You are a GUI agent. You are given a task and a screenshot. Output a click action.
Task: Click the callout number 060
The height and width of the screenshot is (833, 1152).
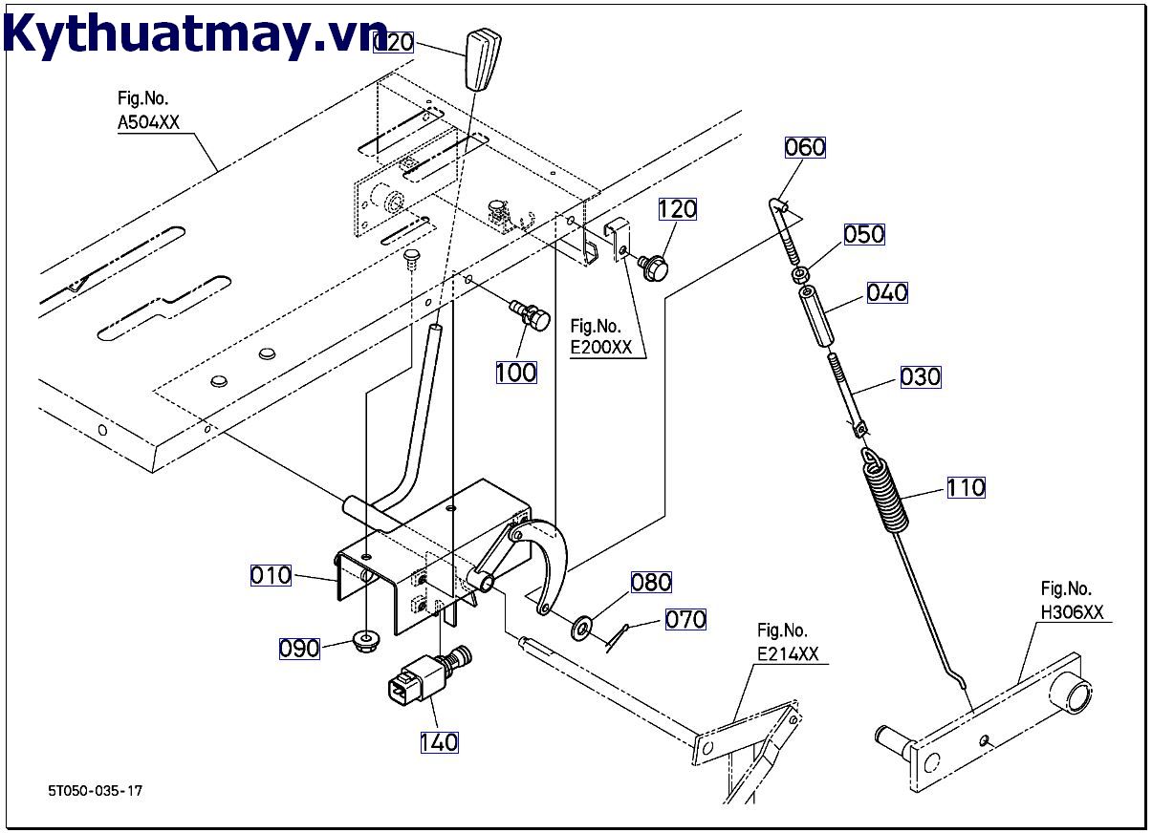(805, 147)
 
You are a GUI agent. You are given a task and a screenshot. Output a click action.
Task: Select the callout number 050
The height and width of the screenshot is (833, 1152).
(864, 234)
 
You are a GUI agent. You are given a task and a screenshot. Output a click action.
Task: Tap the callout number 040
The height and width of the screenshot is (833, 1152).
(887, 292)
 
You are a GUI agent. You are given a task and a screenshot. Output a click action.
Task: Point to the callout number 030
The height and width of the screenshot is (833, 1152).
(920, 376)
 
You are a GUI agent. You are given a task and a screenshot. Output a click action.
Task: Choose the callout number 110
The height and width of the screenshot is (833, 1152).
(966, 487)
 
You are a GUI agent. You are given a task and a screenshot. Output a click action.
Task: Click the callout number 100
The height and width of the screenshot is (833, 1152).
(516, 372)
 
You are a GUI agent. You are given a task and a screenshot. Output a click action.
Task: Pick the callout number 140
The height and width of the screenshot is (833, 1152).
(439, 741)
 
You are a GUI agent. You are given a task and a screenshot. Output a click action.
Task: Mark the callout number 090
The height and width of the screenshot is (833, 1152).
(299, 649)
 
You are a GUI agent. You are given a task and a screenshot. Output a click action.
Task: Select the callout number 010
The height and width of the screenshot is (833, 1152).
(271, 575)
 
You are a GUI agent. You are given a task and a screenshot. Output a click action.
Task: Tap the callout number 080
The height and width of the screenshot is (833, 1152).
(651, 582)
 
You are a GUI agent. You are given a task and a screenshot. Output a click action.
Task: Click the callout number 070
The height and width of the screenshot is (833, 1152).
(685, 619)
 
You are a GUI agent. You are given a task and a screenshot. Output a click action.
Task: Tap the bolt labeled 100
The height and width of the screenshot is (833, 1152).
(531, 315)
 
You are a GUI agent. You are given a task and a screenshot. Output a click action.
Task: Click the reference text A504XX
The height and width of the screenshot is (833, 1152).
(148, 121)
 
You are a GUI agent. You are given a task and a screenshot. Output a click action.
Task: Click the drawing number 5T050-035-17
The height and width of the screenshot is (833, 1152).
(97, 791)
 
